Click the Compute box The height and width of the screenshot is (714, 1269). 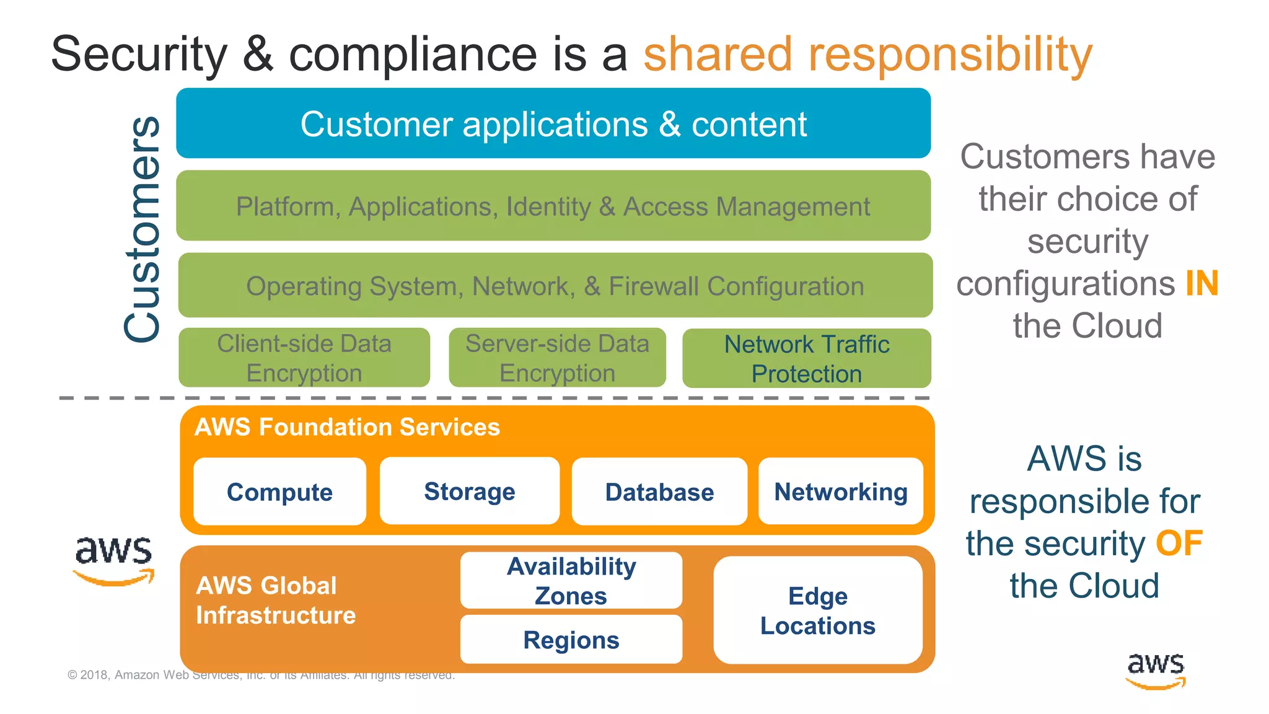279,492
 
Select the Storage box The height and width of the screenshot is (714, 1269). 469,491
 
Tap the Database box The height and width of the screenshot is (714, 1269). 659,492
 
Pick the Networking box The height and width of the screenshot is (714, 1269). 841,491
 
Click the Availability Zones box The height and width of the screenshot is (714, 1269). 571,581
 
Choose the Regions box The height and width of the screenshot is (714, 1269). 571,640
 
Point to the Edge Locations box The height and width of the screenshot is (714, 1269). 818,610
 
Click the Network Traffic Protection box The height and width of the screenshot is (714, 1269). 807,359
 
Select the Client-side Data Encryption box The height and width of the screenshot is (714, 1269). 304,358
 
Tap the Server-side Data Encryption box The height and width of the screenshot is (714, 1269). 557,358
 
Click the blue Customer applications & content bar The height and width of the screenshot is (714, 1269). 553,124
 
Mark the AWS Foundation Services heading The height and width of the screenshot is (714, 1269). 347,428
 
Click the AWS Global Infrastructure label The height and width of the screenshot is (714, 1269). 276,600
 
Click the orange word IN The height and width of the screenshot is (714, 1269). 1201,283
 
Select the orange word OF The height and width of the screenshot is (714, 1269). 1179,544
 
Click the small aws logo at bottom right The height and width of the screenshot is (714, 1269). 1155,671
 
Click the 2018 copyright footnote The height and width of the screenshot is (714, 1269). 261,675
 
